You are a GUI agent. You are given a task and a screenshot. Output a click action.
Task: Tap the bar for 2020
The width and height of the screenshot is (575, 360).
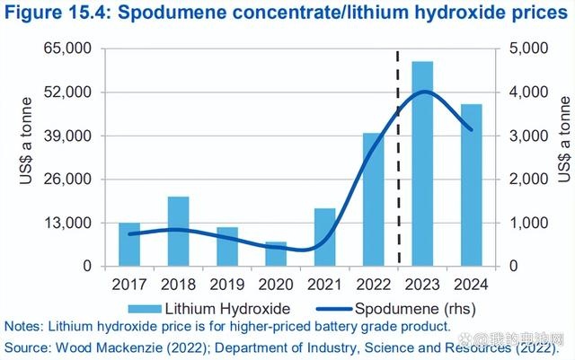click(276, 254)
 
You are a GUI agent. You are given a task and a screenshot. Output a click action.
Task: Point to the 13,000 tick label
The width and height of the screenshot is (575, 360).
click(77, 223)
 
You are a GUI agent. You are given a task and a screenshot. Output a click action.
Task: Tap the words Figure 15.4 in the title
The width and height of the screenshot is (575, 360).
click(58, 15)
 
